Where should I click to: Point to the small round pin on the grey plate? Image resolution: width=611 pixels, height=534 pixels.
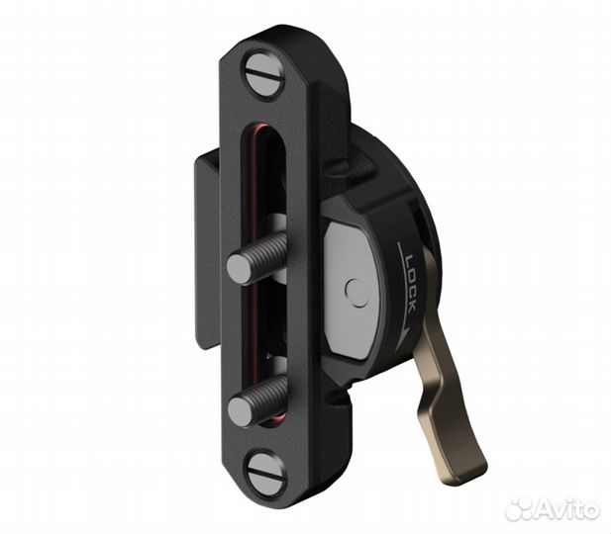(x=356, y=292)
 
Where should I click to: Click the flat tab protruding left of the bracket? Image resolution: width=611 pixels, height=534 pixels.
(x=205, y=247)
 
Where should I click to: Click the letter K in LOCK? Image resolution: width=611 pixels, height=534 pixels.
(x=408, y=308)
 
